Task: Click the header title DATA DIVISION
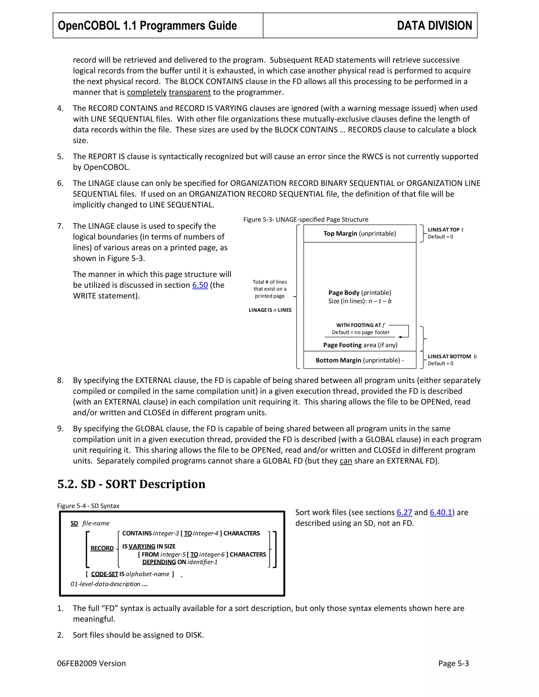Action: click(x=434, y=26)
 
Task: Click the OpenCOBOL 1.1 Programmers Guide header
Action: click(x=147, y=26)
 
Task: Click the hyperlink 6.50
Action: click(x=200, y=285)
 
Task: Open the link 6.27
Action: click(x=404, y=512)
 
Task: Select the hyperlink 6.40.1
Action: click(x=441, y=512)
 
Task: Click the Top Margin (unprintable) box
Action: click(x=360, y=234)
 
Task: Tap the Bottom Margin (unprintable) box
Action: click(x=360, y=360)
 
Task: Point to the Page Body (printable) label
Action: click(x=360, y=293)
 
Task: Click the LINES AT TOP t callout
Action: click(x=445, y=230)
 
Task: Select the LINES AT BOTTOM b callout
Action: click(x=452, y=356)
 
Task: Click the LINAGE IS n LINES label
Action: click(x=270, y=310)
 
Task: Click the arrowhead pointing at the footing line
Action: click(x=400, y=337)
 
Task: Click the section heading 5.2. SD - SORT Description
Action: click(x=131, y=484)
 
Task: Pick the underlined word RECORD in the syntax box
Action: click(x=102, y=548)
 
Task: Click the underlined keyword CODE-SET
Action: click(x=104, y=574)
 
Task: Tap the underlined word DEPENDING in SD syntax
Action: click(x=159, y=562)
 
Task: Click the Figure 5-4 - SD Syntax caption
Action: click(x=88, y=506)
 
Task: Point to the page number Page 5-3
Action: click(x=453, y=664)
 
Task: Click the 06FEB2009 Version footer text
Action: click(x=91, y=664)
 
